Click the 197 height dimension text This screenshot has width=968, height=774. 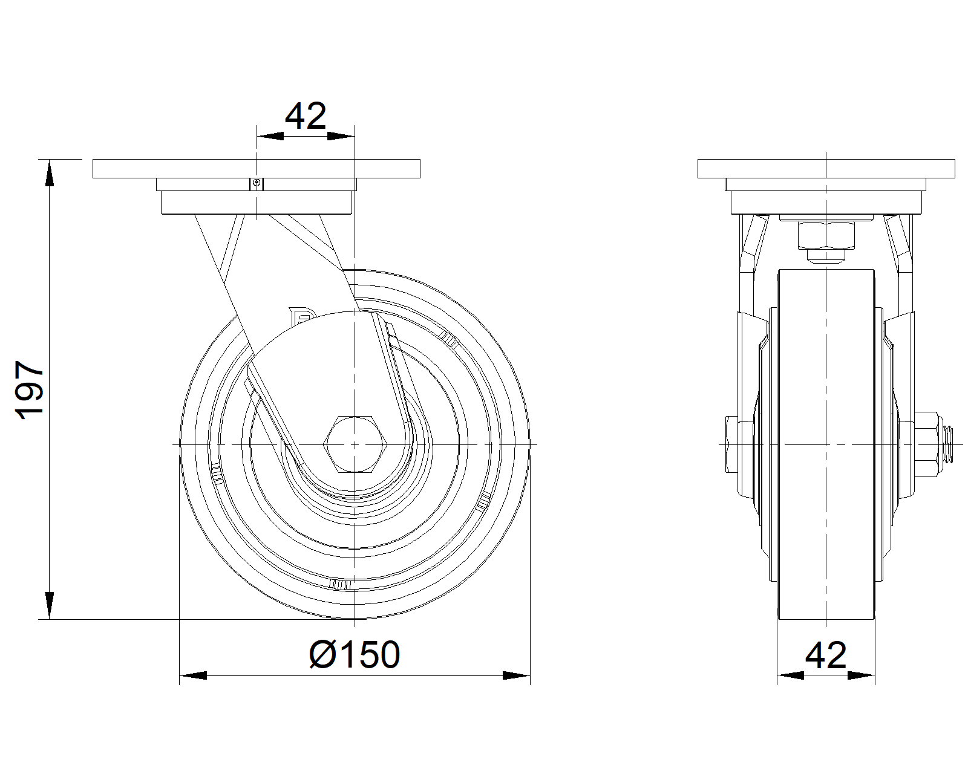point(30,389)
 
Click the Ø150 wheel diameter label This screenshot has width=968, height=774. point(355,654)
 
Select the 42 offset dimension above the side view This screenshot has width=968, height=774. point(306,115)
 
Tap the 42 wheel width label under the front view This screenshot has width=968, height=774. point(825,655)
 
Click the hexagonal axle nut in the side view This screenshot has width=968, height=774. point(355,444)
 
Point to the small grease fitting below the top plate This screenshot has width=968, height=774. point(257,183)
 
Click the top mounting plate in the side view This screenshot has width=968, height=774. point(257,169)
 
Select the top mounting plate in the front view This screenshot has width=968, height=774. point(826,169)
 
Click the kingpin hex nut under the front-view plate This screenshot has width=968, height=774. point(826,235)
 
